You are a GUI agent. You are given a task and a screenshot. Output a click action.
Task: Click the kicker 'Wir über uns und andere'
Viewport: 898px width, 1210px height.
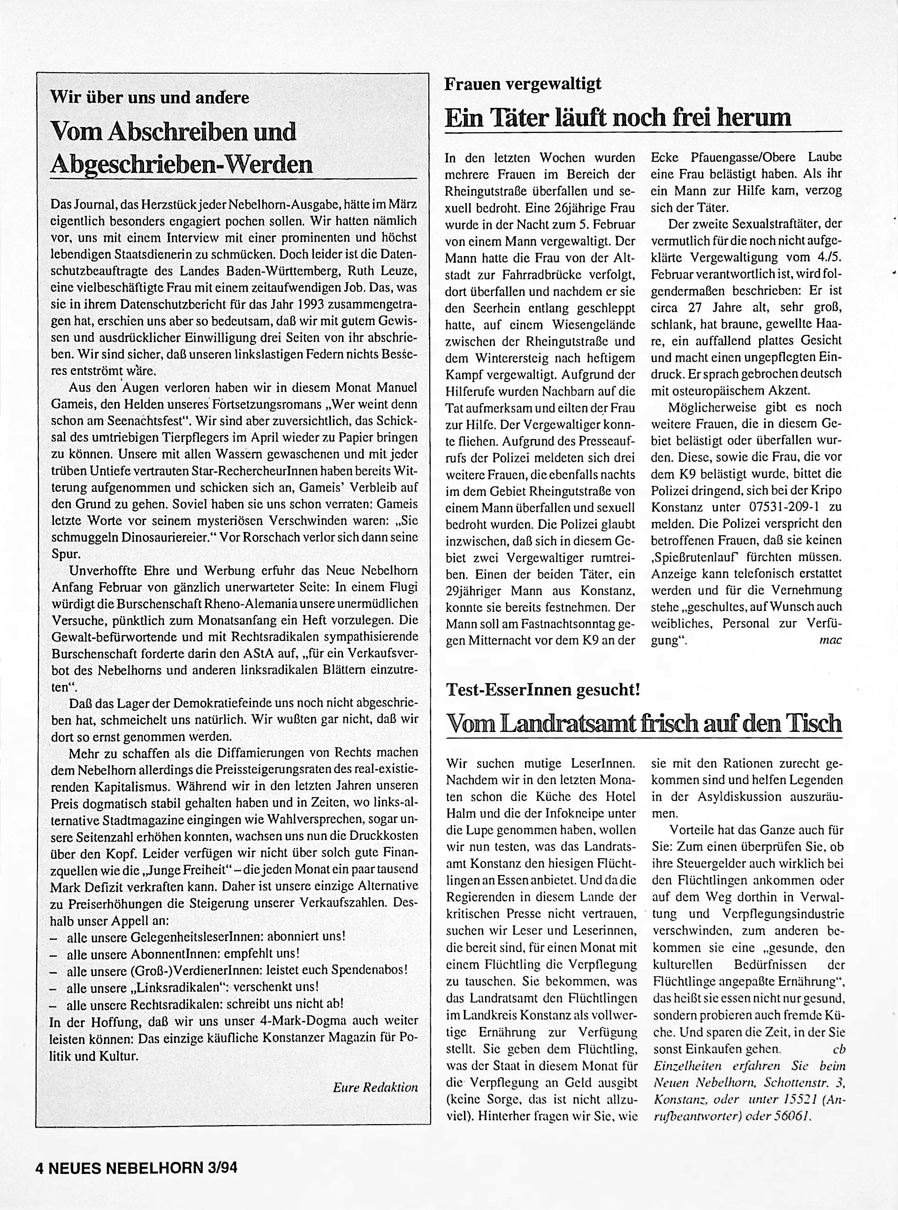click(150, 97)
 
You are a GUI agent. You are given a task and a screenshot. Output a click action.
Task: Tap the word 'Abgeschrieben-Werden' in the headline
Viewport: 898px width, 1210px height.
click(181, 163)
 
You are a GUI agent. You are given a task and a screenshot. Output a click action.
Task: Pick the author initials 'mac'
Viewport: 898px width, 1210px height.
click(830, 640)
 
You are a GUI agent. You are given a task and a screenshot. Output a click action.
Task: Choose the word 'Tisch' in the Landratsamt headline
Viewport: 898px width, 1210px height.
click(813, 723)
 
